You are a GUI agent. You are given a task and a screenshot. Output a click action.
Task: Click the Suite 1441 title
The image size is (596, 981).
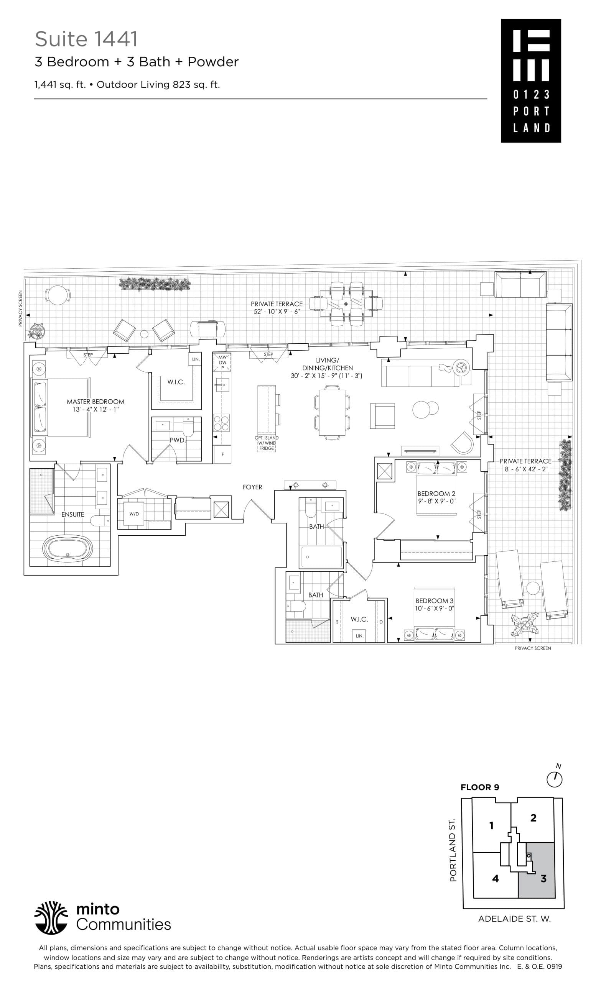coord(86,39)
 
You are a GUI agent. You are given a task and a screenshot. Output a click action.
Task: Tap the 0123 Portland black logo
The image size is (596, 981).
coord(531,80)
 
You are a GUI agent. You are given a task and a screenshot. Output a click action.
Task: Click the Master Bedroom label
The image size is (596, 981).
coord(95,401)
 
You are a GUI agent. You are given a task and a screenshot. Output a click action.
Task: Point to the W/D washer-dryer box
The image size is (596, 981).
coord(134,514)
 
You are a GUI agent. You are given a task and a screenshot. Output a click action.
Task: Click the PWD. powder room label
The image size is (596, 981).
coord(177,440)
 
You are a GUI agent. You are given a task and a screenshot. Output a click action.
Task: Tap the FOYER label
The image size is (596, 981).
coord(252,487)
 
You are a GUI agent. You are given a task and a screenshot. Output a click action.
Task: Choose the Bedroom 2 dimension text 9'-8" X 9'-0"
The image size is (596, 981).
coord(436,501)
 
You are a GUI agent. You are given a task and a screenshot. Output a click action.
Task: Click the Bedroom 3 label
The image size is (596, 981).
coord(434,601)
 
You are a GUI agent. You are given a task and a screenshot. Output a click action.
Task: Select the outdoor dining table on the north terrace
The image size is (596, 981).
coord(346,304)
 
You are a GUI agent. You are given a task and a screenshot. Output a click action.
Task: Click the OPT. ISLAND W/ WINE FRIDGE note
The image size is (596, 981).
coord(267,443)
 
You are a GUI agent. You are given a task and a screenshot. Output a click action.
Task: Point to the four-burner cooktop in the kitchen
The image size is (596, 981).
coord(222,423)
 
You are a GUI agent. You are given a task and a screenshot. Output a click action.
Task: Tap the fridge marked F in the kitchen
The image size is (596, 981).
coord(222,454)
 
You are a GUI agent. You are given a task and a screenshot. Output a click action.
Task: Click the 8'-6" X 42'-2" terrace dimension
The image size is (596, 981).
coord(526,469)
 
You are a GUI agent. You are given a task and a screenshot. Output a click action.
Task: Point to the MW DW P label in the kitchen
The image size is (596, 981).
coord(222,362)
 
